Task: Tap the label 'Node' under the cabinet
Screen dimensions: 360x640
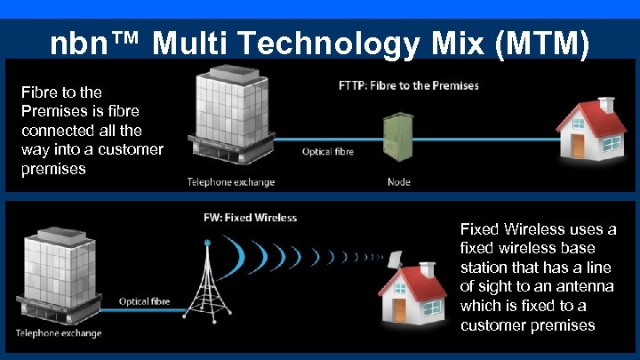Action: point(399,182)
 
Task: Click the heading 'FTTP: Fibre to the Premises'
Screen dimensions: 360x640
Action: point(409,86)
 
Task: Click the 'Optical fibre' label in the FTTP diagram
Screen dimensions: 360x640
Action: point(328,152)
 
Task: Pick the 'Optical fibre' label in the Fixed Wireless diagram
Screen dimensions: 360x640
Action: point(145,302)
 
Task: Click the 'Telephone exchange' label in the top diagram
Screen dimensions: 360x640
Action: point(230,182)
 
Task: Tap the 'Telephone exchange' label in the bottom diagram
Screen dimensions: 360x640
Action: point(57,333)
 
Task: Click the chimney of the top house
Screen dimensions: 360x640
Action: point(608,105)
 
